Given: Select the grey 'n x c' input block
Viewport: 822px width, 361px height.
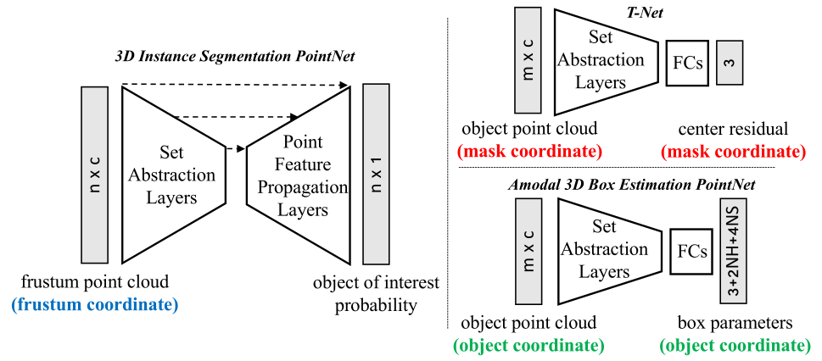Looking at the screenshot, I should coord(95,175).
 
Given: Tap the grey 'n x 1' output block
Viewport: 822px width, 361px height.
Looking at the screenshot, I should coord(375,175).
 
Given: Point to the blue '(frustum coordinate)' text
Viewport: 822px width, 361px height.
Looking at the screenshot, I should coord(95,304).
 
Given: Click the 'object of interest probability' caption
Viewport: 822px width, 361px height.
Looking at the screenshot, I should coord(376,293).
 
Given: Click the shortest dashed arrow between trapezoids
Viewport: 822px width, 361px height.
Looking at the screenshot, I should coord(236,149).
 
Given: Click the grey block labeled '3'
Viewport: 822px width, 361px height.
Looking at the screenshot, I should coord(729,62).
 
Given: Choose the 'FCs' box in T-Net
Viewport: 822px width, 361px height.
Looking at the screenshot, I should coord(686,63).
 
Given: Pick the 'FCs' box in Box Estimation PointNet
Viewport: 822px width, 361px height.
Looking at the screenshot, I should coord(690,252).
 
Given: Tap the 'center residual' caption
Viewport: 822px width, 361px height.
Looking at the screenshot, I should coord(732,130).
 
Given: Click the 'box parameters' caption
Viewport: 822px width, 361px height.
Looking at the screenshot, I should coord(734,323).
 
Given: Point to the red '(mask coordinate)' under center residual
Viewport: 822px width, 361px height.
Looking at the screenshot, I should coord(732,153).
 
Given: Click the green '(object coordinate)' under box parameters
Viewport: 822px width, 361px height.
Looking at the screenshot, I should coord(734,346).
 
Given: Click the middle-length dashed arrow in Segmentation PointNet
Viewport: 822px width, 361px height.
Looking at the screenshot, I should coord(238,117).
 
